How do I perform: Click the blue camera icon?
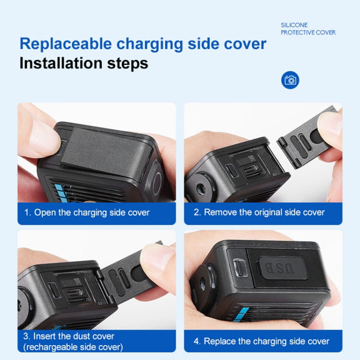click(290, 80)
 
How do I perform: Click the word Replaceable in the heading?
click(66, 44)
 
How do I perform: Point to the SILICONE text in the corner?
click(294, 25)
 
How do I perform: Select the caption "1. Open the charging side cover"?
click(87, 212)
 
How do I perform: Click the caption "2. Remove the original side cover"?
click(259, 212)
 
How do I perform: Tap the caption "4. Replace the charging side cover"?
click(261, 341)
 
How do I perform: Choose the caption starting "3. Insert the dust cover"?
click(73, 341)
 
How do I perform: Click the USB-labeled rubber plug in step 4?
click(282, 268)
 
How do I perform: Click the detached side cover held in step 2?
click(307, 138)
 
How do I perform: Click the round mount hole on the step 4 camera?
click(203, 284)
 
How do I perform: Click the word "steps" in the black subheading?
click(127, 63)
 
